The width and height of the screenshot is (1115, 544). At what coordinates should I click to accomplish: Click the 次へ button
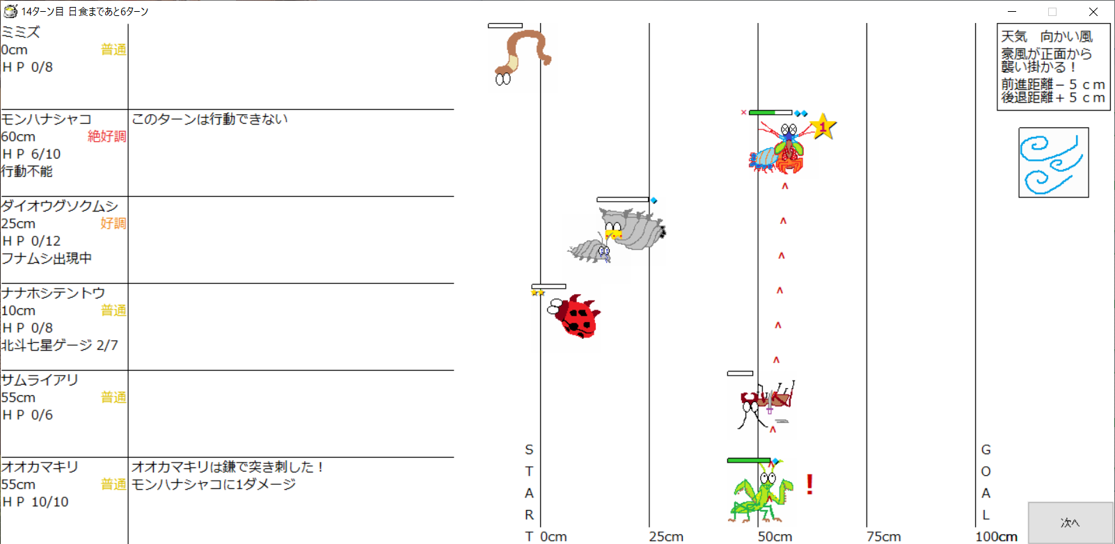pyautogui.click(x=1070, y=522)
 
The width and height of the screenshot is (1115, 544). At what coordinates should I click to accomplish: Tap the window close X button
pyautogui.click(x=1093, y=11)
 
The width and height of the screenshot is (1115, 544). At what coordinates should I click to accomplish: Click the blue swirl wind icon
pyautogui.click(x=1053, y=163)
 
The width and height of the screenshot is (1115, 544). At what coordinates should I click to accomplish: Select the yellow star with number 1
pyautogui.click(x=823, y=127)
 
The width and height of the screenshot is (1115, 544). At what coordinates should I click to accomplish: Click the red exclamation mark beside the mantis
pyautogui.click(x=810, y=484)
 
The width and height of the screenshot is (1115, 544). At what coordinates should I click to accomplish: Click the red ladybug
pyautogui.click(x=575, y=316)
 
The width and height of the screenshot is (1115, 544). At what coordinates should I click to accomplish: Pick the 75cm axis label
pyautogui.click(x=883, y=536)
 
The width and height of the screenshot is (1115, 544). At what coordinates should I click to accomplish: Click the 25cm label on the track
pyautogui.click(x=666, y=536)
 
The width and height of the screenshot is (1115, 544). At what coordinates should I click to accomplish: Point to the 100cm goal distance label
pyautogui.click(x=996, y=536)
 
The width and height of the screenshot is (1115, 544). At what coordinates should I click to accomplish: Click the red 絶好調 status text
pyautogui.click(x=106, y=136)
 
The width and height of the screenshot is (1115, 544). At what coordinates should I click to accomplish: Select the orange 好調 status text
pyautogui.click(x=113, y=223)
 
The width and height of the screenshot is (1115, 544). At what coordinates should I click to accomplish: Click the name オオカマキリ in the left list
pyautogui.click(x=40, y=467)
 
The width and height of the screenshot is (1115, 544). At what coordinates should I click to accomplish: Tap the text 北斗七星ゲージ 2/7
pyautogui.click(x=60, y=345)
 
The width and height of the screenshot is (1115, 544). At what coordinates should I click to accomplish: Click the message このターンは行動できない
pyautogui.click(x=209, y=119)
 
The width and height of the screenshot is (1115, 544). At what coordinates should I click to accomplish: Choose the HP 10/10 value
pyautogui.click(x=35, y=502)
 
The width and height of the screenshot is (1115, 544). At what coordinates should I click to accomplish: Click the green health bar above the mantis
pyautogui.click(x=749, y=461)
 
